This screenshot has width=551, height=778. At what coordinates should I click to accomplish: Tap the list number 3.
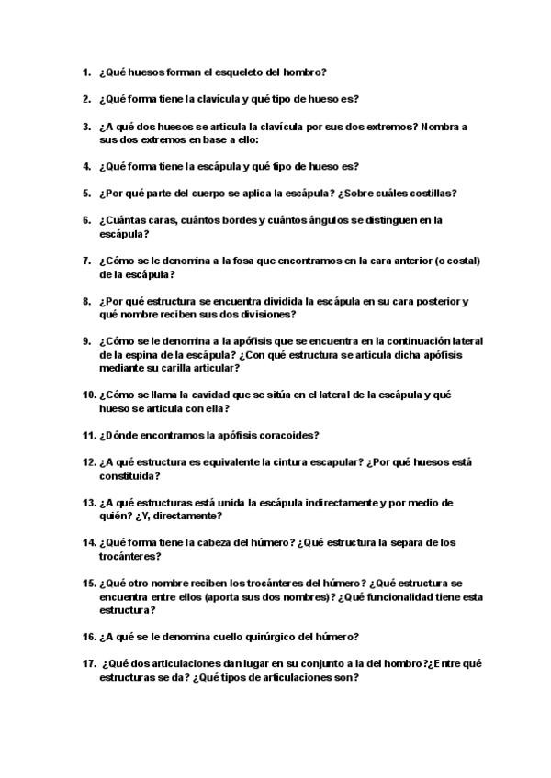(x=86, y=127)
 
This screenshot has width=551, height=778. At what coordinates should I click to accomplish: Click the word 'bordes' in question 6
(x=241, y=220)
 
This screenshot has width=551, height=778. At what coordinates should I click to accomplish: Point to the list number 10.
(x=89, y=395)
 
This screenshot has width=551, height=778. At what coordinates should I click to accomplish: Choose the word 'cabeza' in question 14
(x=214, y=543)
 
